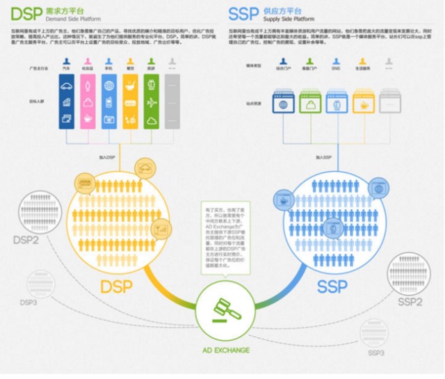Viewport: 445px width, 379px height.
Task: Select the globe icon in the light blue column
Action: point(109,87)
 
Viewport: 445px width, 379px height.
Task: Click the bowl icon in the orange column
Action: point(130,87)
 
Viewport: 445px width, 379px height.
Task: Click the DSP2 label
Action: point(26,241)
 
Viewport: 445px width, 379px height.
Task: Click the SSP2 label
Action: point(410,303)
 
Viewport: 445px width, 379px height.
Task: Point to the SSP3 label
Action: point(376,353)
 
